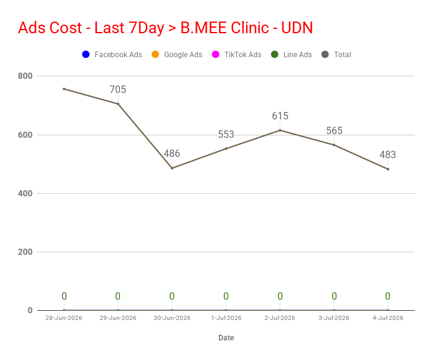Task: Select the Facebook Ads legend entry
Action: click(x=112, y=55)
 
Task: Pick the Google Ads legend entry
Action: click(x=177, y=55)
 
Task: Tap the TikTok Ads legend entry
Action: click(x=237, y=55)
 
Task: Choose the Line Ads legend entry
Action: click(x=292, y=55)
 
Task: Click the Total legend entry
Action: click(x=336, y=55)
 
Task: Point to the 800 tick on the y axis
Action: click(x=25, y=76)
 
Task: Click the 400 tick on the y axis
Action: click(x=25, y=193)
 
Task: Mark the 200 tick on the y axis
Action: click(x=25, y=252)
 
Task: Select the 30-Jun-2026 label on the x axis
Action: click(x=172, y=318)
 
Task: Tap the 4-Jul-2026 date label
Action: click(x=388, y=318)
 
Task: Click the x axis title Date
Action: click(x=226, y=338)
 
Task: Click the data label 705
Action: click(x=118, y=89)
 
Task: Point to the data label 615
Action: click(x=280, y=116)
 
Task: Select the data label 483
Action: click(x=387, y=154)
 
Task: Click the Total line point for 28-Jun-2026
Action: click(x=64, y=89)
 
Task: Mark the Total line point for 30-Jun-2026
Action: click(x=172, y=168)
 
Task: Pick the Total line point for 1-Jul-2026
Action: click(x=226, y=149)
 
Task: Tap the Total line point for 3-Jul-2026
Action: click(x=334, y=145)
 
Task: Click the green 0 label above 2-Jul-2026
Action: click(x=280, y=297)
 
